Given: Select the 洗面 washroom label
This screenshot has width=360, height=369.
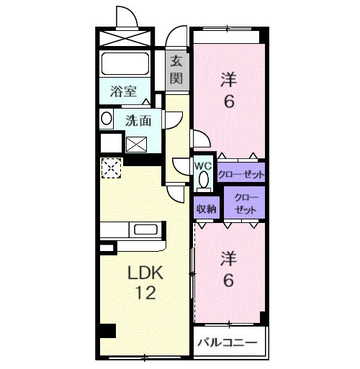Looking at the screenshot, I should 138,120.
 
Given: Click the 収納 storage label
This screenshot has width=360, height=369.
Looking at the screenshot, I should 207,209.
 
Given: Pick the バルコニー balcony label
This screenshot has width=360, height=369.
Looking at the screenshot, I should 228,342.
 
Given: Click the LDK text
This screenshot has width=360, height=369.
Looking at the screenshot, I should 146,273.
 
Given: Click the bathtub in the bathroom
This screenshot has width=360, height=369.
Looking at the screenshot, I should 124,63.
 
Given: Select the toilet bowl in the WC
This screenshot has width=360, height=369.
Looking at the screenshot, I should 203,178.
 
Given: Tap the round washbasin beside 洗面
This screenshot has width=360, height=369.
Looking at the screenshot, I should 106,119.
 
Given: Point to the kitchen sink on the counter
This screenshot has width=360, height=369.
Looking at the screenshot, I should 146,230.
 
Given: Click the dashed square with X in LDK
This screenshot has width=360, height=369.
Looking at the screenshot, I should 111,168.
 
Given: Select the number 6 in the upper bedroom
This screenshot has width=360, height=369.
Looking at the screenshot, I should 229,101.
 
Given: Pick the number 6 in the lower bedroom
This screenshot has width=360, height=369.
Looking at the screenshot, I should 228,280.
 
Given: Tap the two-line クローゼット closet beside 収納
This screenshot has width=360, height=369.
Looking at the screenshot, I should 245,204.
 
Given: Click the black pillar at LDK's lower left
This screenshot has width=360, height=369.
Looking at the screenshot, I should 107,332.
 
